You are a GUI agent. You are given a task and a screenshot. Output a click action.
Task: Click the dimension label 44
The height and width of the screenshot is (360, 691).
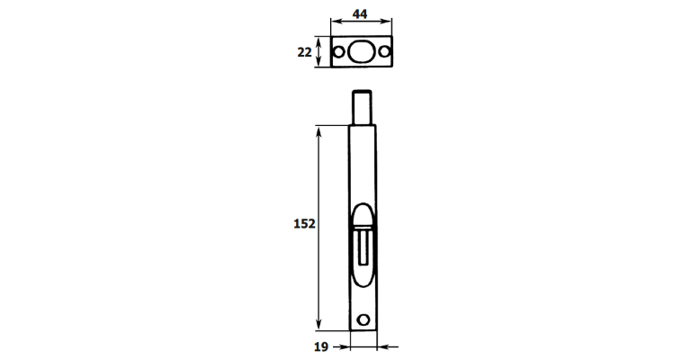pyautogui.click(x=360, y=14)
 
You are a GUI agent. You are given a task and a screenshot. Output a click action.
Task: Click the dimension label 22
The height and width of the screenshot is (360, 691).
pyautogui.click(x=304, y=52)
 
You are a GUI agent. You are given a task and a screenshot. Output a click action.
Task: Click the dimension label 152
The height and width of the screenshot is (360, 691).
pyautogui.click(x=304, y=224)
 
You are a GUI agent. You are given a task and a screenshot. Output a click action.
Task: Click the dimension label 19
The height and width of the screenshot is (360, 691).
pyautogui.click(x=321, y=347)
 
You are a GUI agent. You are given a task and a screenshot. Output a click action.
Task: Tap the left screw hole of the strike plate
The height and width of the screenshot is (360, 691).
pyautogui.click(x=338, y=52)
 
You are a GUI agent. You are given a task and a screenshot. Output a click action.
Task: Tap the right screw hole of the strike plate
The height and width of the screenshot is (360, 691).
pyautogui.click(x=384, y=52)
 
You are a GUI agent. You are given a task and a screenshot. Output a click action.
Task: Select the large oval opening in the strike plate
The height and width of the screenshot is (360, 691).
pyautogui.click(x=361, y=52)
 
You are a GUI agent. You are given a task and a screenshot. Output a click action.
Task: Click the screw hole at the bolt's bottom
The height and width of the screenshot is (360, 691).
pyautogui.click(x=363, y=319)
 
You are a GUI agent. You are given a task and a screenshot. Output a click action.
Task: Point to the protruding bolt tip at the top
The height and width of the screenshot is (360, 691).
pyautogui.click(x=362, y=107)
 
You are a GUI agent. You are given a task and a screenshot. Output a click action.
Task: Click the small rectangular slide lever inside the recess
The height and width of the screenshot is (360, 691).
pyautogui.click(x=363, y=247)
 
